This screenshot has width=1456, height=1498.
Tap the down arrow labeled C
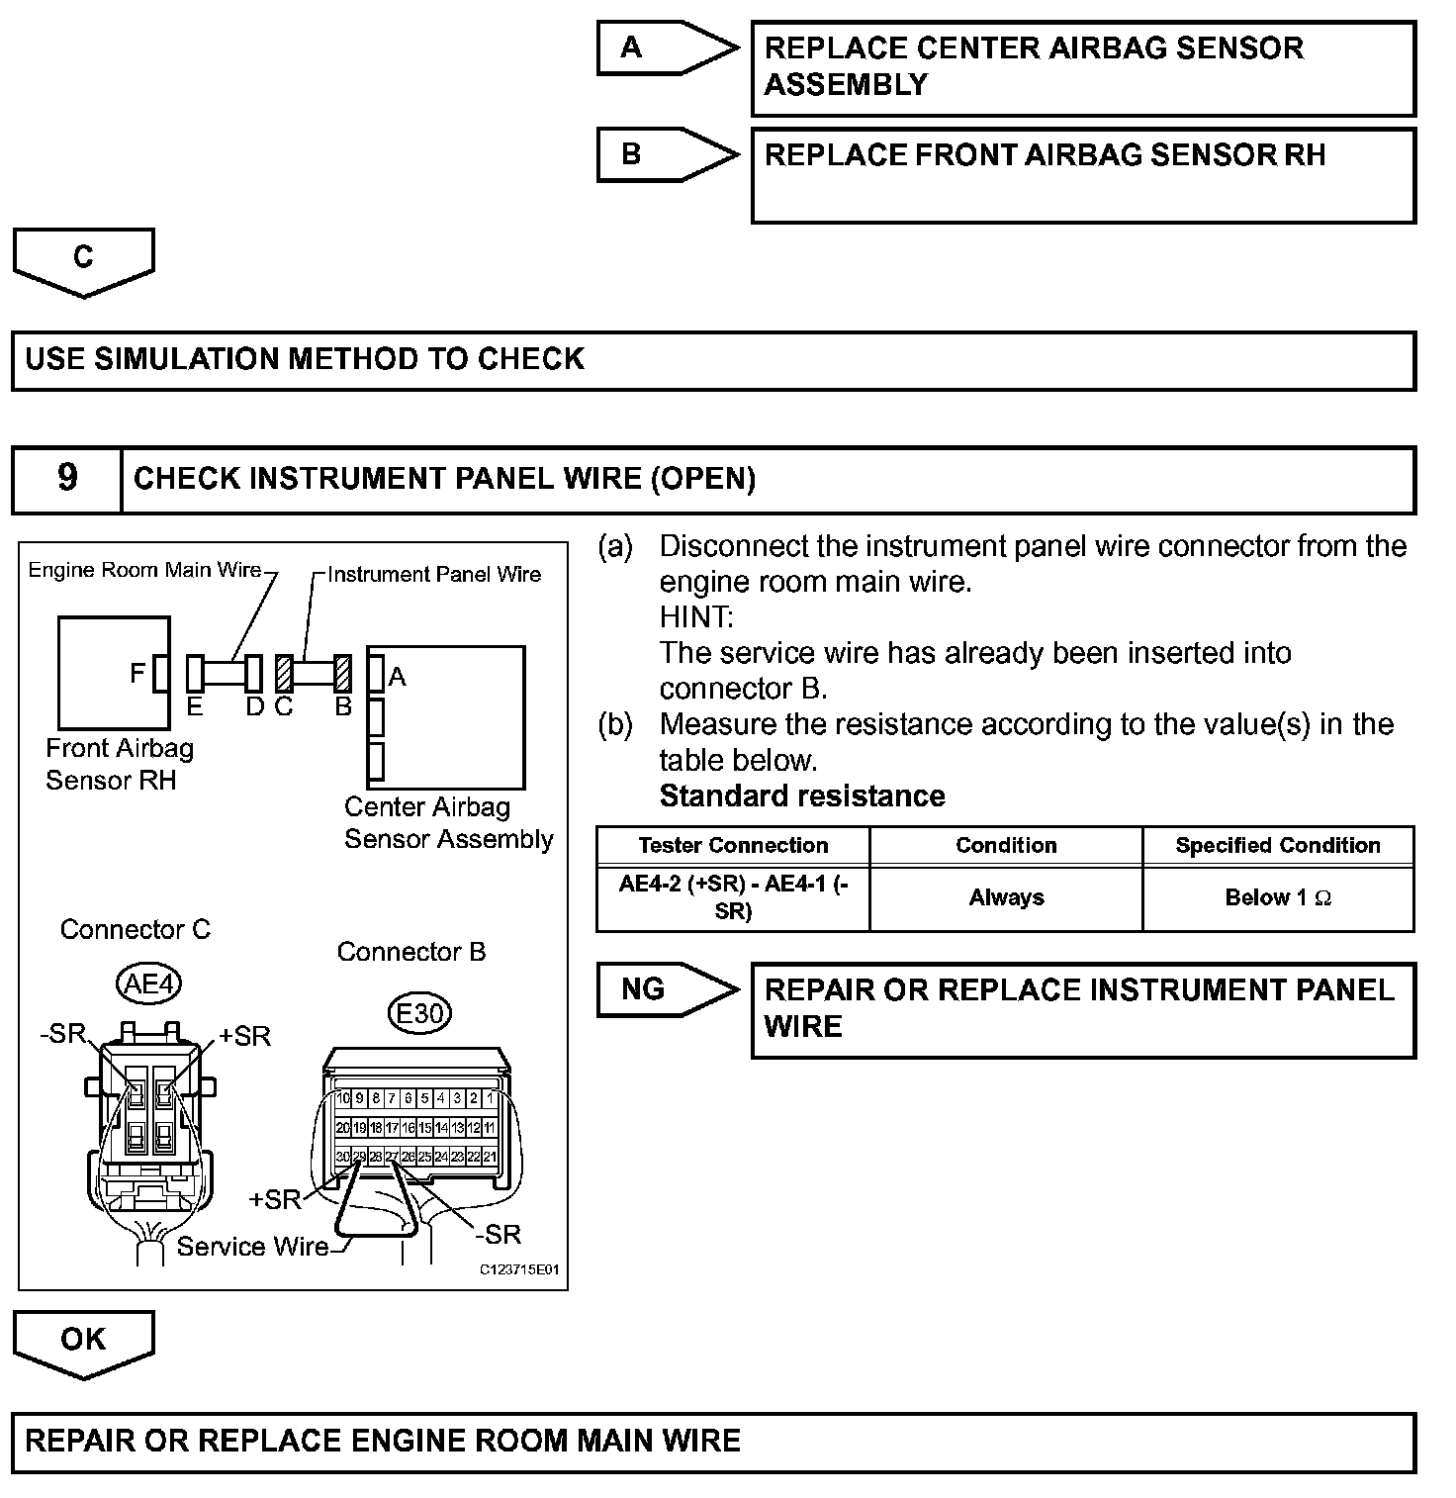(84, 260)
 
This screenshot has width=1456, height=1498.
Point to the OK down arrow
(84, 1342)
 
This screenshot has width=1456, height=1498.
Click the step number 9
(66, 479)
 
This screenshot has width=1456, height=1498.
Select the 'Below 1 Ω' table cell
(1278, 898)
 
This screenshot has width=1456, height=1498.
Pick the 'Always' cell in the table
(1006, 898)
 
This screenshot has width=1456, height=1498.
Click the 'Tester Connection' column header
(733, 846)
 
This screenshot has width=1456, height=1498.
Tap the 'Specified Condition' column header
(1278, 846)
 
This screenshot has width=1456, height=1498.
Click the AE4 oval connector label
(148, 983)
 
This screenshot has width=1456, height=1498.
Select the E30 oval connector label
(420, 1013)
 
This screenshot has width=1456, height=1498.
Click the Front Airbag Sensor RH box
(114, 673)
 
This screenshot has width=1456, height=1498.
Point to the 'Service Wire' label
(252, 1247)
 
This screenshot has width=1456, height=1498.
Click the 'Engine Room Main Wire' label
(144, 570)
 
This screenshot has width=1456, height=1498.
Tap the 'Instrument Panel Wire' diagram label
(434, 575)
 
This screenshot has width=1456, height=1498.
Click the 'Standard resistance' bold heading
(802, 796)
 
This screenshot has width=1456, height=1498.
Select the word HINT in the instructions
(696, 617)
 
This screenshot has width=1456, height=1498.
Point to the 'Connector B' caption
(411, 952)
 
